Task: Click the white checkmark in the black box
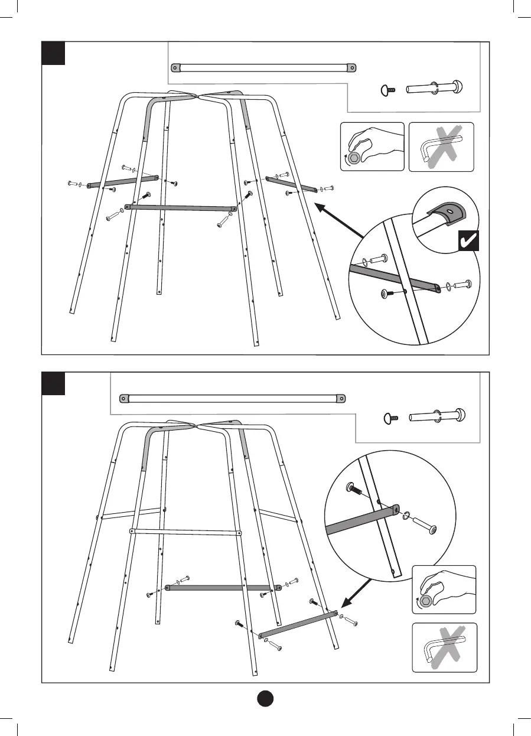[468, 241]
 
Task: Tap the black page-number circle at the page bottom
[266, 698]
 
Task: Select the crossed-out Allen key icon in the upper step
[441, 146]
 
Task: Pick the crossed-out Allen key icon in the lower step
[444, 647]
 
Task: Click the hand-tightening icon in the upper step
[372, 146]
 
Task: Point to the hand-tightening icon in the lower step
[444, 590]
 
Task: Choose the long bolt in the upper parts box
[434, 89]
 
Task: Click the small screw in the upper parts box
[387, 90]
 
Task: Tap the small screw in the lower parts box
[390, 418]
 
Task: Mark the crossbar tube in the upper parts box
[263, 68]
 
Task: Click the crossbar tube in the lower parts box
[232, 398]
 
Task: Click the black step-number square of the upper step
[53, 53]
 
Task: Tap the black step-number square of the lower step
[53, 384]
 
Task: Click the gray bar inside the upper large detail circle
[393, 278]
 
